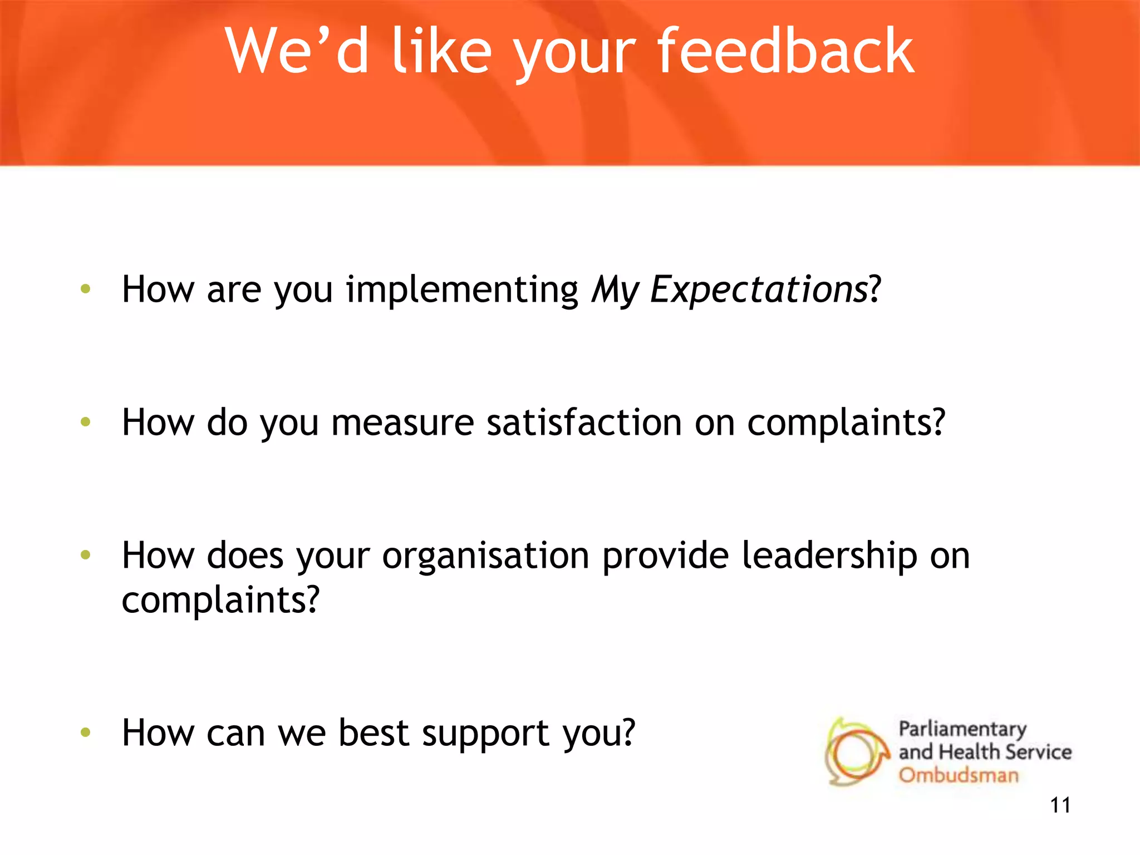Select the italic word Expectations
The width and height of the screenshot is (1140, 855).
tap(759, 289)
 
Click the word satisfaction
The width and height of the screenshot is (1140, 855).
tap(584, 422)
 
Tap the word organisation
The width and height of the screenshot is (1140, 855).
tap(485, 556)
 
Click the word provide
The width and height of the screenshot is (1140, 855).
tap(665, 556)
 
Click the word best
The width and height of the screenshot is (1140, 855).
tap(374, 733)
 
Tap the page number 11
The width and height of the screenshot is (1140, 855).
tap(1060, 805)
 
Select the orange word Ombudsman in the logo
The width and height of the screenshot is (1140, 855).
tap(959, 775)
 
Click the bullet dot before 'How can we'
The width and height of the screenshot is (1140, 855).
tap(85, 732)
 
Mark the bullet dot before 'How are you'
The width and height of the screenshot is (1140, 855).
tap(85, 288)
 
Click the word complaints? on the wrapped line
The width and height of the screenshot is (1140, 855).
tap(220, 601)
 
